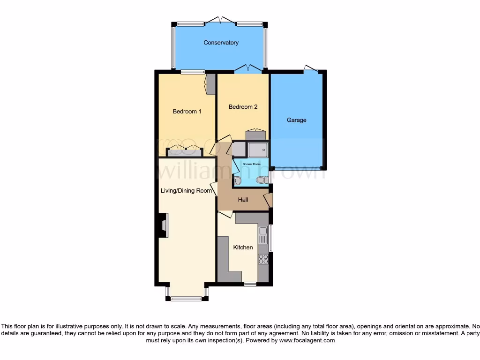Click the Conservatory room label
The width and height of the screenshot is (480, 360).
click(x=221, y=43)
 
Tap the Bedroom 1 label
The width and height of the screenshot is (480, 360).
click(x=187, y=112)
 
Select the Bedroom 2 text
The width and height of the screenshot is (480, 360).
click(x=243, y=107)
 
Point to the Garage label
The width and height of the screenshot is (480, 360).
click(x=296, y=120)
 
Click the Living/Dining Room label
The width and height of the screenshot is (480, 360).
click(x=187, y=191)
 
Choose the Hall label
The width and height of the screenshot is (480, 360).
click(x=243, y=200)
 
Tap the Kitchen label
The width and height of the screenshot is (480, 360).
click(x=243, y=247)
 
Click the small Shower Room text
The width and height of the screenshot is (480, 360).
click(x=251, y=164)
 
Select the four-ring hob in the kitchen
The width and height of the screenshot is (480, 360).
click(x=263, y=259)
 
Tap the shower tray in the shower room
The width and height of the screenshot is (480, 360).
click(x=258, y=150)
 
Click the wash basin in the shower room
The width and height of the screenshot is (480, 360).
click(x=237, y=180)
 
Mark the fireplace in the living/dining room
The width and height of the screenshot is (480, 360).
click(x=162, y=225)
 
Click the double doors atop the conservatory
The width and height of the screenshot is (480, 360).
click(x=221, y=21)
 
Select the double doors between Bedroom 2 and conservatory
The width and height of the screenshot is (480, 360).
click(x=248, y=69)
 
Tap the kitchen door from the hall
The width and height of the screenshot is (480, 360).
click(x=225, y=214)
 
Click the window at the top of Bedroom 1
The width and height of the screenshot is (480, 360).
click(x=193, y=72)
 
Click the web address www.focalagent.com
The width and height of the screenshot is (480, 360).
click(x=307, y=341)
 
